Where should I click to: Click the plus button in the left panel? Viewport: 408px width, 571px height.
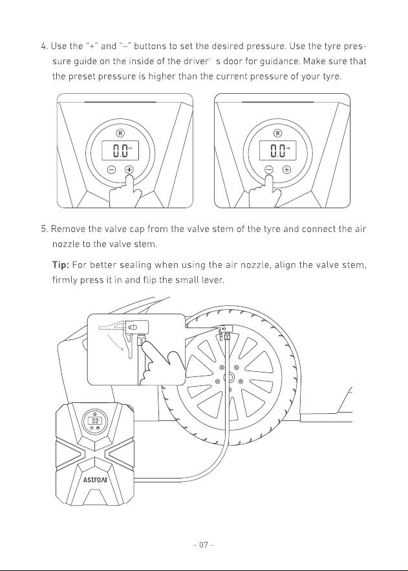tap(129, 169)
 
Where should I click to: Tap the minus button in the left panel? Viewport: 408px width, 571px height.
tap(112, 169)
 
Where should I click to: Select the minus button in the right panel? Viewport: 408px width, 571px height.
tap(269, 169)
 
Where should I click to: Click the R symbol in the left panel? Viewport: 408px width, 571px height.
tap(120, 133)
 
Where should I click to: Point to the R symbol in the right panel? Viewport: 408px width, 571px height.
tap(277, 133)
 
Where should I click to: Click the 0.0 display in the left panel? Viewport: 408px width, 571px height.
tap(120, 151)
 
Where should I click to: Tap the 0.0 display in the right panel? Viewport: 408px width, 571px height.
tap(277, 151)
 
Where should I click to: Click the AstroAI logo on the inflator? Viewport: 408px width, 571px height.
tap(95, 480)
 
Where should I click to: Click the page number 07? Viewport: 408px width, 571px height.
tap(204, 544)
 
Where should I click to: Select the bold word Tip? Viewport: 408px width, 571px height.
tap(61, 264)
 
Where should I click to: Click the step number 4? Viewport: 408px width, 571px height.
tap(45, 47)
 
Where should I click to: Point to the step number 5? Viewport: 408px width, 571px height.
tap(45, 229)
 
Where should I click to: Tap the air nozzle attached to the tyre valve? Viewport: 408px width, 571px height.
tap(225, 330)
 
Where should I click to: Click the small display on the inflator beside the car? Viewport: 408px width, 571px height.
tap(95, 420)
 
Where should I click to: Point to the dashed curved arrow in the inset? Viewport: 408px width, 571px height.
tap(115, 342)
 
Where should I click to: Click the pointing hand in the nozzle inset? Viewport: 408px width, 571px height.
tap(160, 364)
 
